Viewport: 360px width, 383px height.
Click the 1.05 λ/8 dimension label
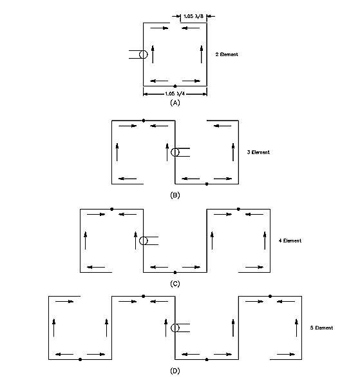coord(193,16)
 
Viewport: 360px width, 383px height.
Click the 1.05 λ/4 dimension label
coord(175,93)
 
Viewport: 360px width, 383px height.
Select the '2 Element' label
coord(227,54)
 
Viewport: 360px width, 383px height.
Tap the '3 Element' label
coord(258,152)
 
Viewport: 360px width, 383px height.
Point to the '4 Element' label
coord(290,241)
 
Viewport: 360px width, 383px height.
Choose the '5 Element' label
coord(321,328)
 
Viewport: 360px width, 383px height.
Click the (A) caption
coord(175,103)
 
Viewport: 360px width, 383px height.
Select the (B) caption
coord(175,195)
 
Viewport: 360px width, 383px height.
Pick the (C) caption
coord(175,284)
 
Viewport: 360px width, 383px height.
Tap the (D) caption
coord(175,371)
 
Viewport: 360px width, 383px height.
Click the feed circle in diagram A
coord(144,50)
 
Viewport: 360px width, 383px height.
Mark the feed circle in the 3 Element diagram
coord(175,148)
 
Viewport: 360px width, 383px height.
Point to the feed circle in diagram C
coord(144,237)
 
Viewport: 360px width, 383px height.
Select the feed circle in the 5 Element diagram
coord(175,324)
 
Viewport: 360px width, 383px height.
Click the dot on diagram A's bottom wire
coord(175,86)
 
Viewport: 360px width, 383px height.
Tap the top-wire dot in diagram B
coord(144,121)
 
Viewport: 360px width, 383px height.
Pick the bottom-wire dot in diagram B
coord(207,184)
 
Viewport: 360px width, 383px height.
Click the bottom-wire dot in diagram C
coord(175,272)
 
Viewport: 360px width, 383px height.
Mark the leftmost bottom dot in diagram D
coord(81,359)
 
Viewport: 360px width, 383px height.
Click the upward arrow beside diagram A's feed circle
coord(153,54)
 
